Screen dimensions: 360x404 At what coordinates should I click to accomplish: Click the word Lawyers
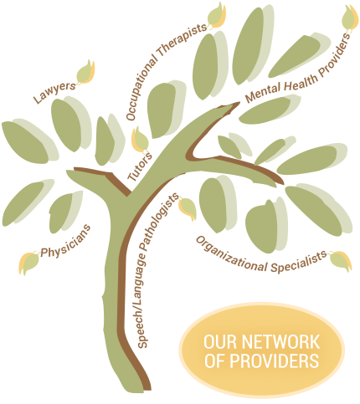54,92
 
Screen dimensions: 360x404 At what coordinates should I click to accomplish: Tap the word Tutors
140,166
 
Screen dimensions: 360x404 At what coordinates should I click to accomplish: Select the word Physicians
66,242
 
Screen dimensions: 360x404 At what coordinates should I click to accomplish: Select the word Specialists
299,262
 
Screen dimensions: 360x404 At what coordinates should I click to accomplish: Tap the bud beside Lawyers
85,73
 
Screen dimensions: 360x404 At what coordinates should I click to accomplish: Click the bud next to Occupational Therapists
217,16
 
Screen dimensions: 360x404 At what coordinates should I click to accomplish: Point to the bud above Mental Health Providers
350,18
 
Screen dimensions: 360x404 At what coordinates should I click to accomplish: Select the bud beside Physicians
29,262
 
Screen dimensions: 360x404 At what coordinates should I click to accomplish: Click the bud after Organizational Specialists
340,261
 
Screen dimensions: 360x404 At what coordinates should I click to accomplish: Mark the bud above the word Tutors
141,141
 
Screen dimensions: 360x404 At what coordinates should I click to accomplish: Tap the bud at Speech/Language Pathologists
188,208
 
